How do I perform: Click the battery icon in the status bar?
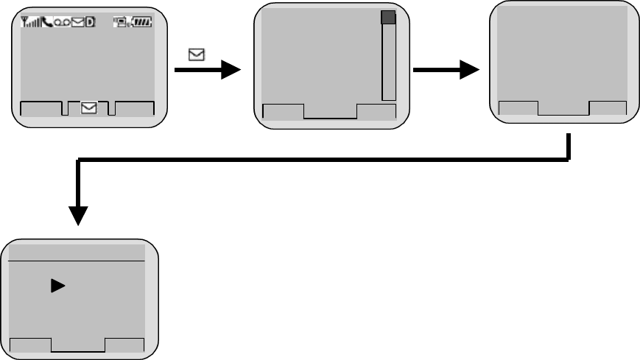141,23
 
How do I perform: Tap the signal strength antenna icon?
28,23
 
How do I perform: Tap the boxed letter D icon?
89,23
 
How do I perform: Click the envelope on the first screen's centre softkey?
88,108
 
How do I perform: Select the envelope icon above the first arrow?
197,54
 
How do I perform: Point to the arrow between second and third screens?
446,70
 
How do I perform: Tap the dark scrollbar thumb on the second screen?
389,18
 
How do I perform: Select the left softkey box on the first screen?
42,108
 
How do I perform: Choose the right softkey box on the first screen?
135,108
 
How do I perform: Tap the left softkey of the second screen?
284,112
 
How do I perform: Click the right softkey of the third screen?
608,108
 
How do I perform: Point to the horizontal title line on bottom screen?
80,261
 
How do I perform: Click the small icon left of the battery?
121,23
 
